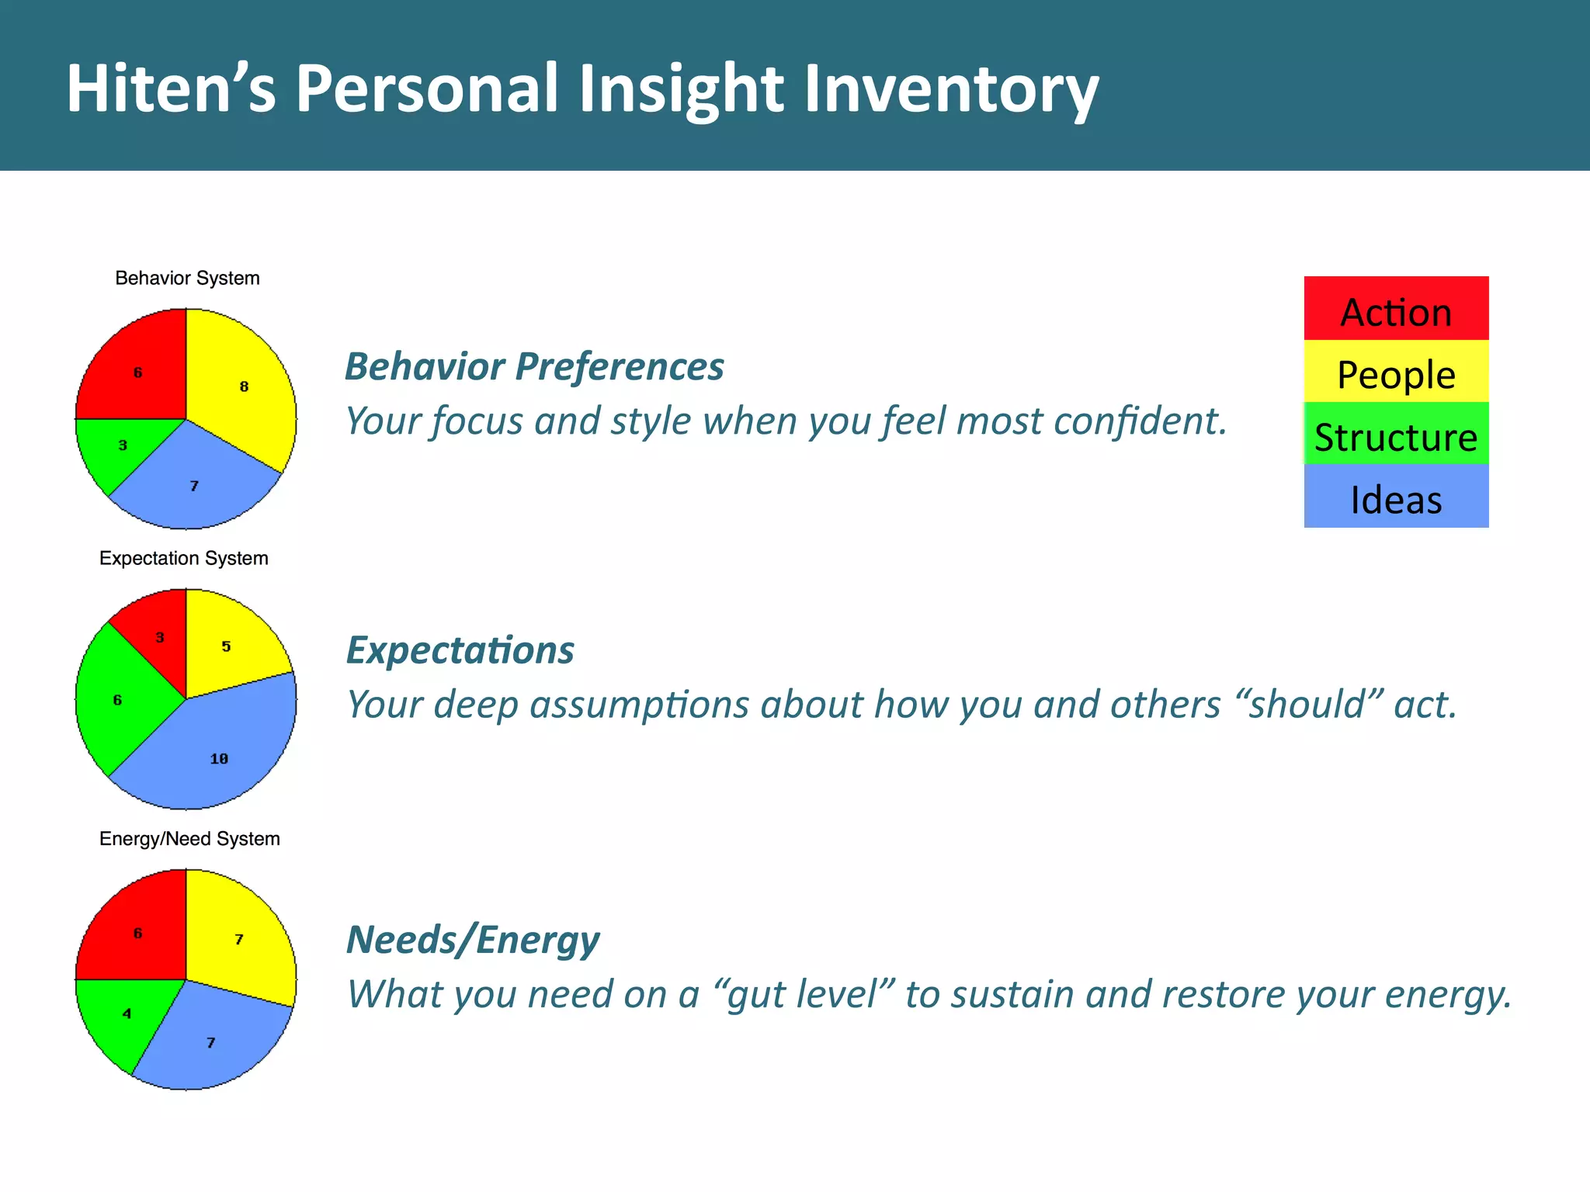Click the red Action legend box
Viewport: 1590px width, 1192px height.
click(1396, 309)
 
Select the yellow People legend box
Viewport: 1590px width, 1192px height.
click(1396, 372)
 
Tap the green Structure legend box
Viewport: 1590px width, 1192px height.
click(1396, 434)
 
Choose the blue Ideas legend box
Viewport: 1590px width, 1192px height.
click(1396, 497)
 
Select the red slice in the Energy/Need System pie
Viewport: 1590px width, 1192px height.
click(136, 931)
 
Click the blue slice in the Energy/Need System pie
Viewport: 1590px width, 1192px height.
click(210, 1040)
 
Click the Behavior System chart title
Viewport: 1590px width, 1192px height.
click(187, 278)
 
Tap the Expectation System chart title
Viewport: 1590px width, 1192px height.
click(184, 558)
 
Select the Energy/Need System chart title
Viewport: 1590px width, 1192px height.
click(189, 838)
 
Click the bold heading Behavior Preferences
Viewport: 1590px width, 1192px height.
click(534, 366)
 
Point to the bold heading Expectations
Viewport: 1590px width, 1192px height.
click(460, 650)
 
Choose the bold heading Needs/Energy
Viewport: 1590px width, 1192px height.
click(472, 939)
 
